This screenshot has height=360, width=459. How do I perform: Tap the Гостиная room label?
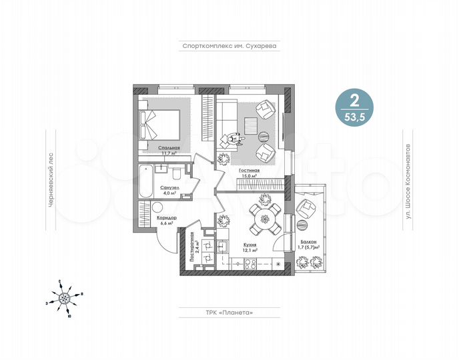250,171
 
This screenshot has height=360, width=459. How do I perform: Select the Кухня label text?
250,245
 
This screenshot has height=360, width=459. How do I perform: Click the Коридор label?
167,219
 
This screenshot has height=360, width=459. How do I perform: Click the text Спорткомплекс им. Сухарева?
229,47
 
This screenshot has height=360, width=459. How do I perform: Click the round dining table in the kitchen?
265,216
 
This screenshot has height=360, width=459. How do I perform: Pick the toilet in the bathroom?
173,175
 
